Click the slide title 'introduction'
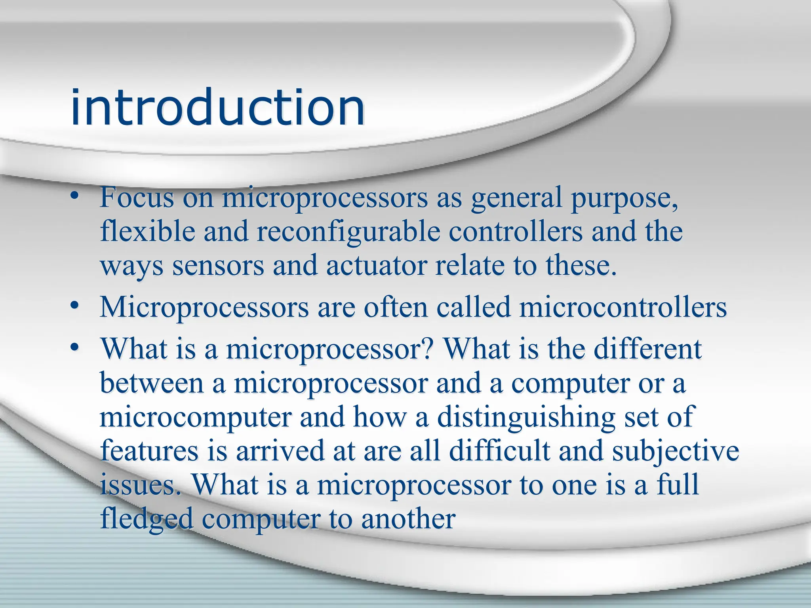pyautogui.click(x=217, y=108)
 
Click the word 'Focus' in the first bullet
pyautogui.click(x=137, y=198)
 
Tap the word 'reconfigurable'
pyautogui.click(x=348, y=232)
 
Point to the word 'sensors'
pyautogui.click(x=218, y=266)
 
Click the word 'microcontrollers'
pyautogui.click(x=623, y=308)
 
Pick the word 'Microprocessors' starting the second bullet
pyautogui.click(x=204, y=308)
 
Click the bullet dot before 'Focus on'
pyautogui.click(x=74, y=197)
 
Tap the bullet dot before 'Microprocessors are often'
pyautogui.click(x=74, y=306)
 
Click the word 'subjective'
pyautogui.click(x=675, y=451)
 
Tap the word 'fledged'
pyautogui.click(x=147, y=519)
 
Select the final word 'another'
pyautogui.click(x=408, y=519)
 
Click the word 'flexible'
pyautogui.click(x=147, y=232)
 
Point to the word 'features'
pyautogui.click(x=149, y=451)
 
